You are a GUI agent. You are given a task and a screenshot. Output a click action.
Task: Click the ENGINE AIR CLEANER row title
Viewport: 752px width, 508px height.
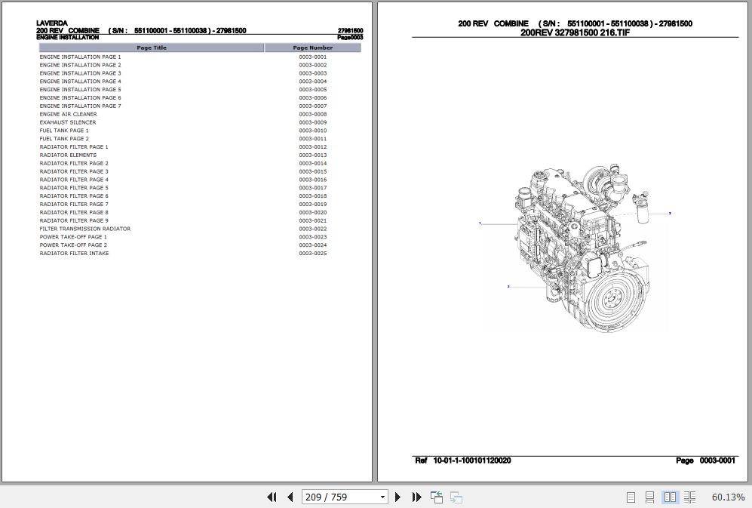pos(69,114)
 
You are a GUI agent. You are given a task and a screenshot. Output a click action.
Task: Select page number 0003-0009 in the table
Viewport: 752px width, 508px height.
pos(312,122)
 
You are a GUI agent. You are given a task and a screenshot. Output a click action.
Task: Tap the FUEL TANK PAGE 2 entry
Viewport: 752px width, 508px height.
pos(64,139)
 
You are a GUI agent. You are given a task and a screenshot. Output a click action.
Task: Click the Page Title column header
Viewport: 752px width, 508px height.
pos(152,48)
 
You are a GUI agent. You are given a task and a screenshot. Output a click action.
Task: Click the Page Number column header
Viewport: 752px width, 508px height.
pos(312,48)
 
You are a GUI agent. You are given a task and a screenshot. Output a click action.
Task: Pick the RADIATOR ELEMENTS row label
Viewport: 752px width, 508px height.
pos(68,155)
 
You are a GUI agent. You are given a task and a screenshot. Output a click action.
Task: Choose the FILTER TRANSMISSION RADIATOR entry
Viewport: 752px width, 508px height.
pos(85,229)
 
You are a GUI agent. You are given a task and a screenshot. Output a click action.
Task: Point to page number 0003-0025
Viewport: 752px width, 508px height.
pos(312,254)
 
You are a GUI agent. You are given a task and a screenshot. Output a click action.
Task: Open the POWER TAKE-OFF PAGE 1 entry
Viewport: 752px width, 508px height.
pos(73,237)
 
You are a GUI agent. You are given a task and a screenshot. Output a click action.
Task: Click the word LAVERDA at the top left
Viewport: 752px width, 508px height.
pos(51,23)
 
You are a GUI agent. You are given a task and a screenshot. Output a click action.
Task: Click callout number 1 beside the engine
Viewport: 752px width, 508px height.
pos(480,223)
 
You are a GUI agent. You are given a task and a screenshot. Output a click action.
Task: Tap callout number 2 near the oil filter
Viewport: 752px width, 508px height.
pos(508,287)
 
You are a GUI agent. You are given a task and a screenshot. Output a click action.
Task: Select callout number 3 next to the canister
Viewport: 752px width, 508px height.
pos(670,214)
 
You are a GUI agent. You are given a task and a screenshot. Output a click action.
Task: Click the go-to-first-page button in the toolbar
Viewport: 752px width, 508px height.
pos(272,497)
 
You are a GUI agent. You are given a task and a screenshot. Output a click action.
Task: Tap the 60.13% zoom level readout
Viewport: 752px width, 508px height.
pos(728,497)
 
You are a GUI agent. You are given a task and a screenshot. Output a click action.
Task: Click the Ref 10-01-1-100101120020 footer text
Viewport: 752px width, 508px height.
pos(463,460)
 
